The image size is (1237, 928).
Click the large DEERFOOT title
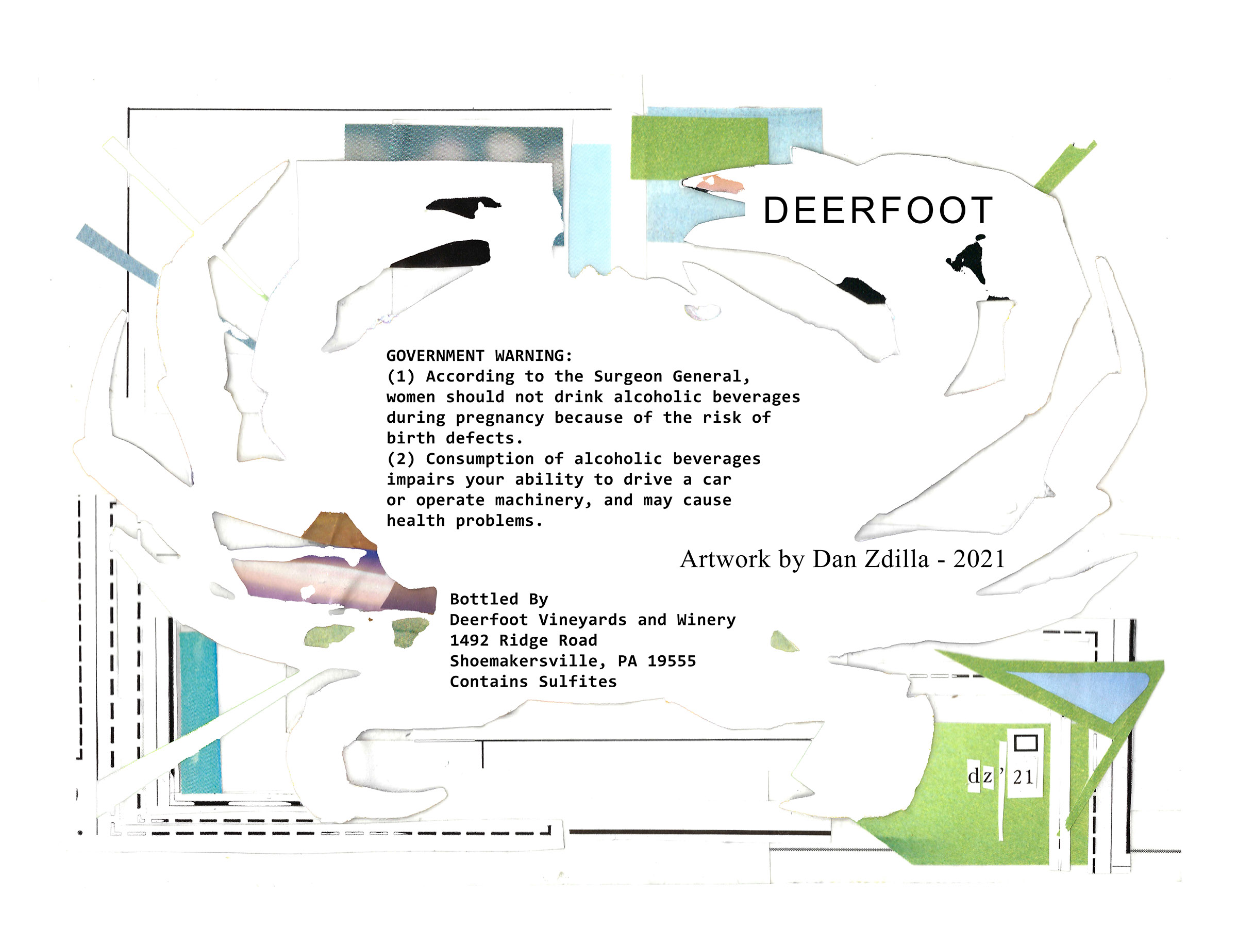click(877, 210)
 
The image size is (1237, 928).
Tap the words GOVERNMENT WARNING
click(479, 356)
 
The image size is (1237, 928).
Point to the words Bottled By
click(499, 599)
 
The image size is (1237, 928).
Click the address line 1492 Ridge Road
click(524, 640)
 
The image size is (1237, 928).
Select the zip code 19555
click(672, 660)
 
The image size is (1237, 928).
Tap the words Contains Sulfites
click(533, 682)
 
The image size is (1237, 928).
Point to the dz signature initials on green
click(980, 776)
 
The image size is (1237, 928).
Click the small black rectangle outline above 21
click(1026, 743)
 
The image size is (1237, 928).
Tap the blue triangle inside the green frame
click(1079, 691)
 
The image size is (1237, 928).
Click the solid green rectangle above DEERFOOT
click(699, 148)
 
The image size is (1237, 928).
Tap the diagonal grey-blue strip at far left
click(118, 255)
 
